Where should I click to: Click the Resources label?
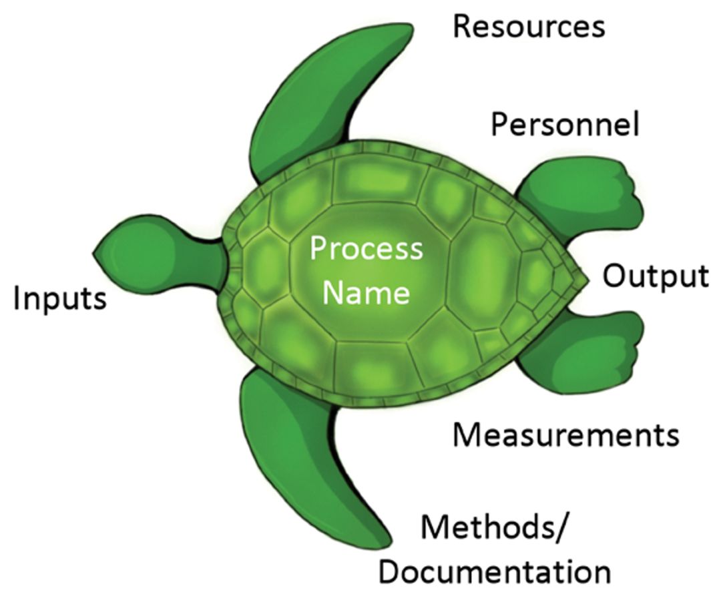(x=529, y=27)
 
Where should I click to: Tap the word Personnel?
(x=565, y=125)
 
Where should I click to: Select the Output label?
(x=656, y=276)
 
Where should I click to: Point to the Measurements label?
(x=565, y=435)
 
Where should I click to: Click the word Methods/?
(x=495, y=529)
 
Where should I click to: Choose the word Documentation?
(x=499, y=572)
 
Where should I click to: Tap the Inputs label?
(x=60, y=298)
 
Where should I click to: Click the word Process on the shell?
(x=367, y=249)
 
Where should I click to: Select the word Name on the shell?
(x=367, y=292)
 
